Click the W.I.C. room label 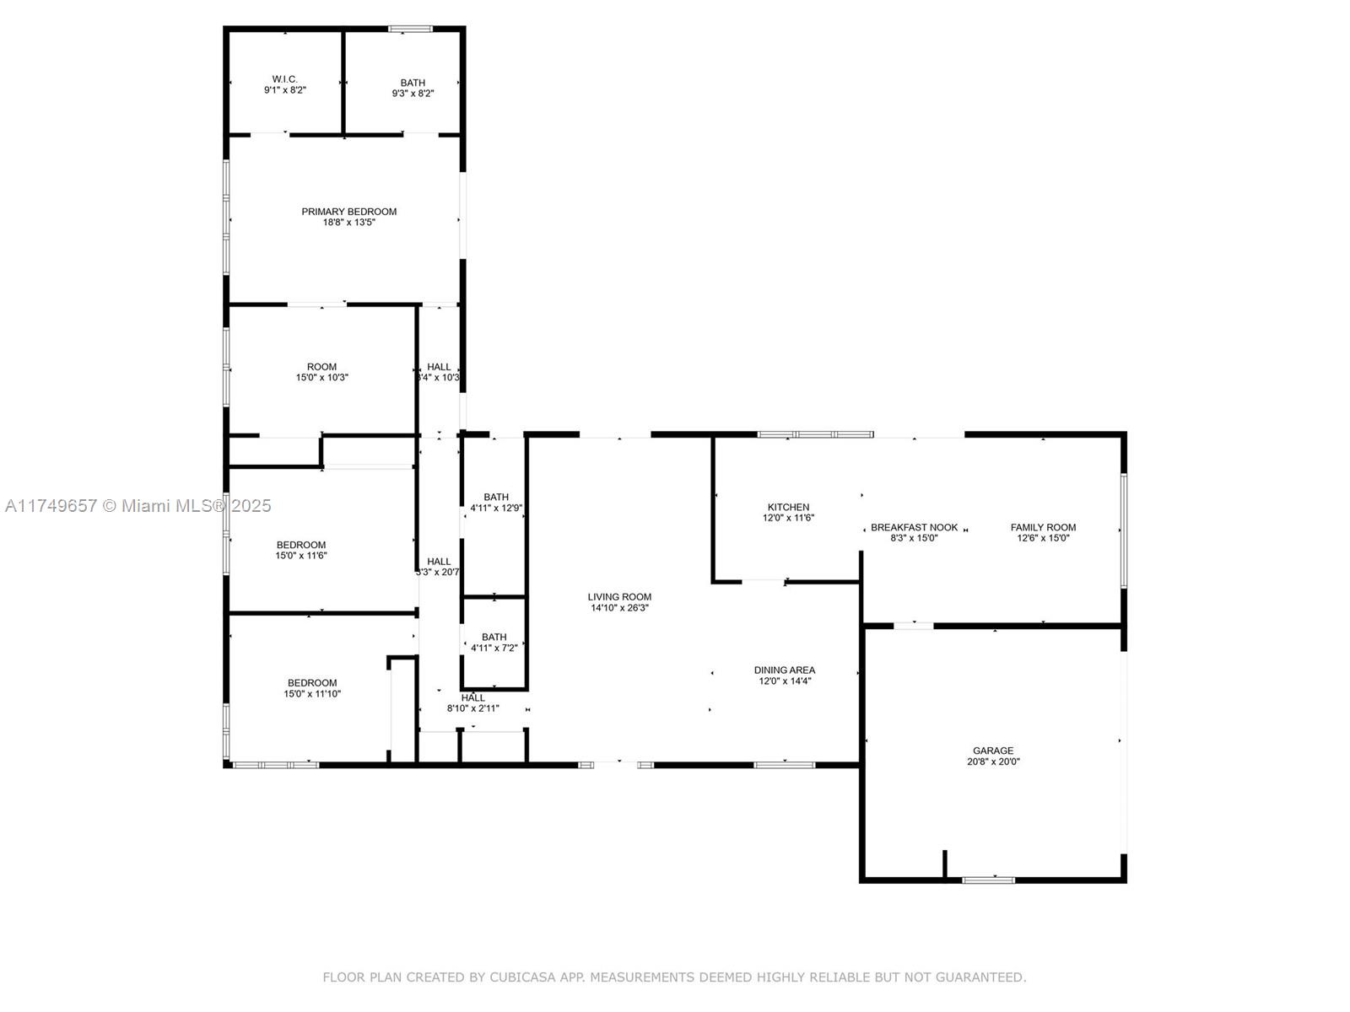click(x=284, y=79)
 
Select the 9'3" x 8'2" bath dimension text click(x=413, y=94)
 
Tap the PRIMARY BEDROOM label click(x=348, y=212)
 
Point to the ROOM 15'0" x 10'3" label click(x=321, y=372)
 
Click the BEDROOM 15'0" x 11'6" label click(x=300, y=550)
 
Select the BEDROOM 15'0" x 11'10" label click(x=311, y=688)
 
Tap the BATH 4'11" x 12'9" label click(x=496, y=503)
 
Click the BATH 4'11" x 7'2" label click(x=494, y=643)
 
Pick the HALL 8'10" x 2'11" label click(x=472, y=703)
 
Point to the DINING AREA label click(x=784, y=670)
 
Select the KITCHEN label click(x=788, y=508)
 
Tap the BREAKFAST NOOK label click(x=914, y=528)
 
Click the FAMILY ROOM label click(x=1043, y=528)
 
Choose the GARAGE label click(x=993, y=751)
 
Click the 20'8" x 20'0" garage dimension click(x=993, y=762)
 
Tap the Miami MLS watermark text click(x=138, y=506)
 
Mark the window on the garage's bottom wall click(x=989, y=880)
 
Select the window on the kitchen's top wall click(x=815, y=434)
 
